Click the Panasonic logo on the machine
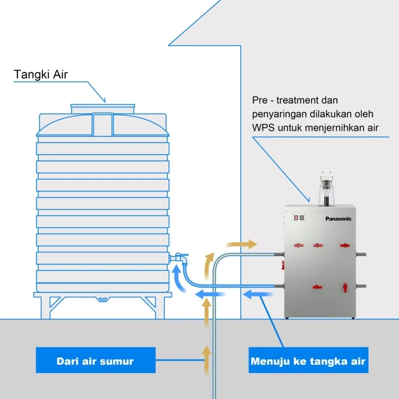pyautogui.click(x=338, y=219)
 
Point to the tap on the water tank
pyautogui.click(x=179, y=256)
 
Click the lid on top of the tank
pyautogui.click(x=102, y=108)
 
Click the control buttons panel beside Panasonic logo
pyautogui.click(x=299, y=217)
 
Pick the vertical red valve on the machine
pyautogui.click(x=345, y=287)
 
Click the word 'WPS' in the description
pyautogui.click(x=264, y=128)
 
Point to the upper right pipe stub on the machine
pyautogui.click(x=362, y=254)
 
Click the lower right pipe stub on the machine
pyautogui.click(x=362, y=286)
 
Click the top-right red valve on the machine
pyautogui.click(x=344, y=245)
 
